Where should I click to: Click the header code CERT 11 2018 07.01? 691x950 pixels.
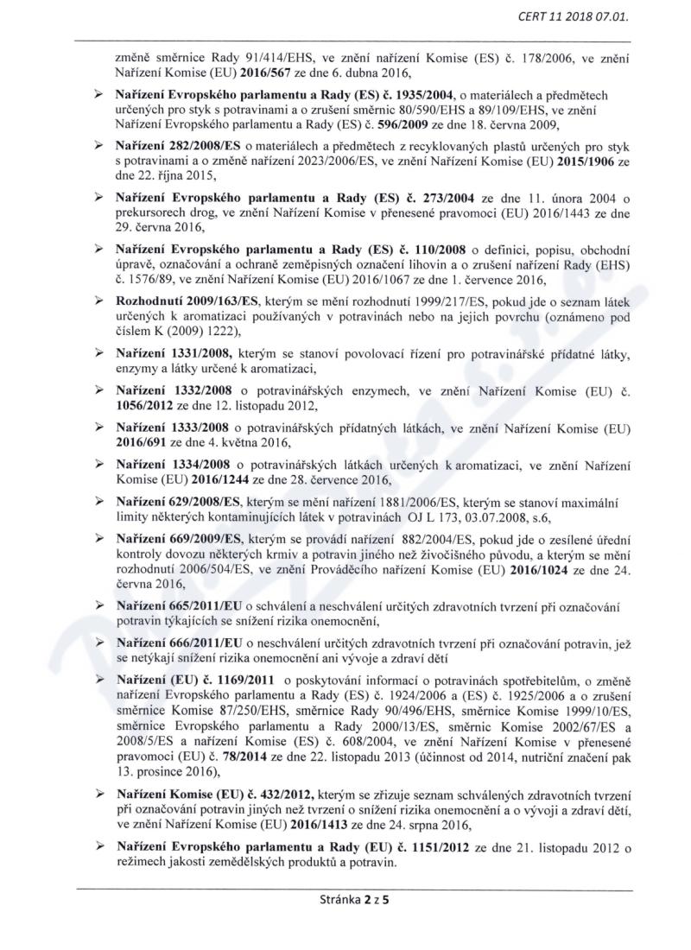(x=585, y=16)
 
